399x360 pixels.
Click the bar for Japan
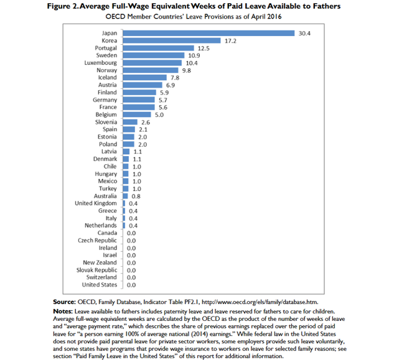pyautogui.click(x=209, y=33)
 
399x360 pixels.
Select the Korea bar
pyautogui.click(x=172, y=40)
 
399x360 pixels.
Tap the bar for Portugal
pyautogui.click(x=159, y=48)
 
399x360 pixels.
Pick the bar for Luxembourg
pyautogui.click(x=153, y=63)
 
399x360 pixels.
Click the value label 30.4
pyautogui.click(x=305, y=33)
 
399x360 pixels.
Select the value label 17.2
pyautogui.click(x=231, y=40)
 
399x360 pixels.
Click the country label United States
pyautogui.click(x=100, y=285)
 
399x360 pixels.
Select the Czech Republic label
pyautogui.click(x=97, y=240)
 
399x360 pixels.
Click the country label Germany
pyautogui.click(x=105, y=99)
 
